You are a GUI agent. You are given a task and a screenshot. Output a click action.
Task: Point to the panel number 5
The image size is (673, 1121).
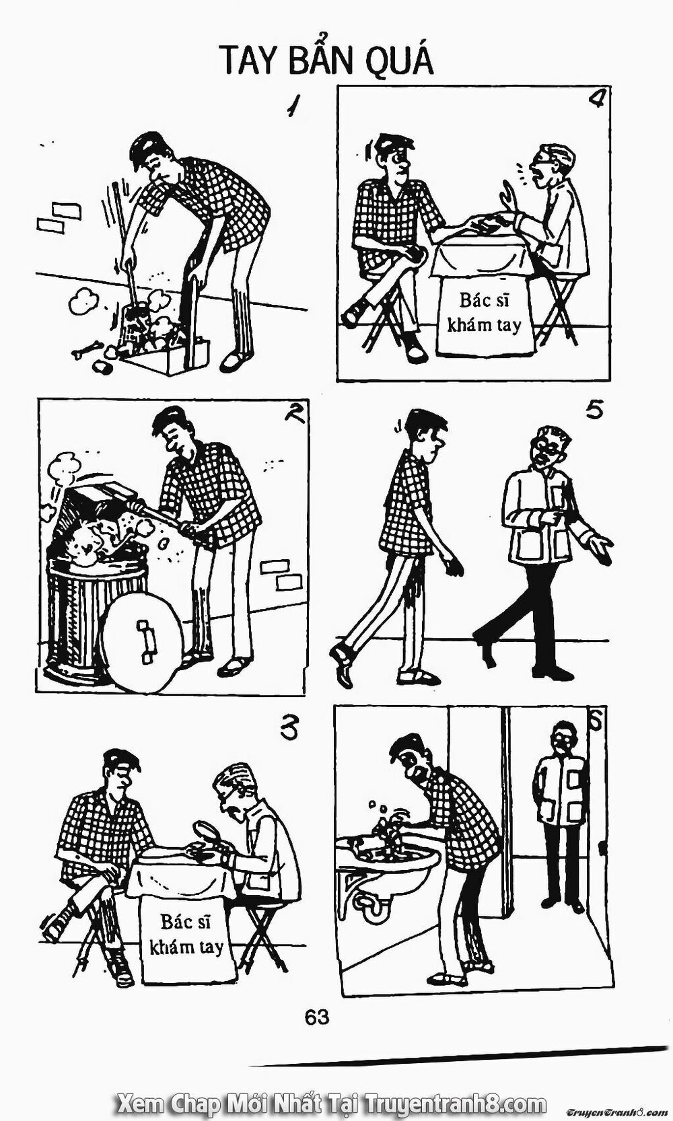pyautogui.click(x=594, y=411)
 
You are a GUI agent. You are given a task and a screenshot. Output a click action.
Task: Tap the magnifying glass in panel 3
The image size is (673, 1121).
pyautogui.click(x=207, y=831)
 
